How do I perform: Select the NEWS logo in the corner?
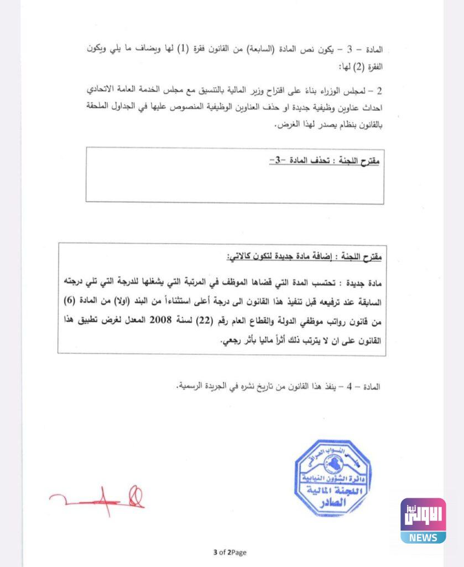423,520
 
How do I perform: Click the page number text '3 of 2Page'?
230,552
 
